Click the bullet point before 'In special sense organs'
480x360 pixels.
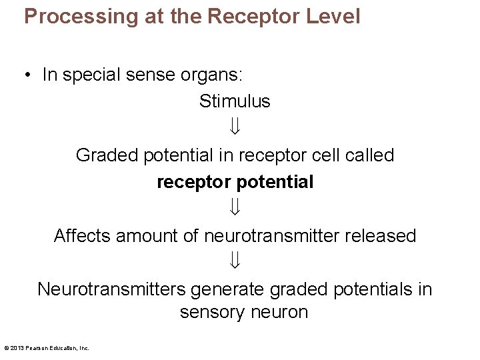coord(27,75)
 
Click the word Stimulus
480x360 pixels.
coord(235,101)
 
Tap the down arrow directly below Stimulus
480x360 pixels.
coord(235,127)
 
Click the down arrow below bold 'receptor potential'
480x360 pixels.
coord(235,208)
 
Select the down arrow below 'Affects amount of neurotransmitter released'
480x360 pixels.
coord(235,262)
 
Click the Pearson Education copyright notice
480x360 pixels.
coord(47,348)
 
